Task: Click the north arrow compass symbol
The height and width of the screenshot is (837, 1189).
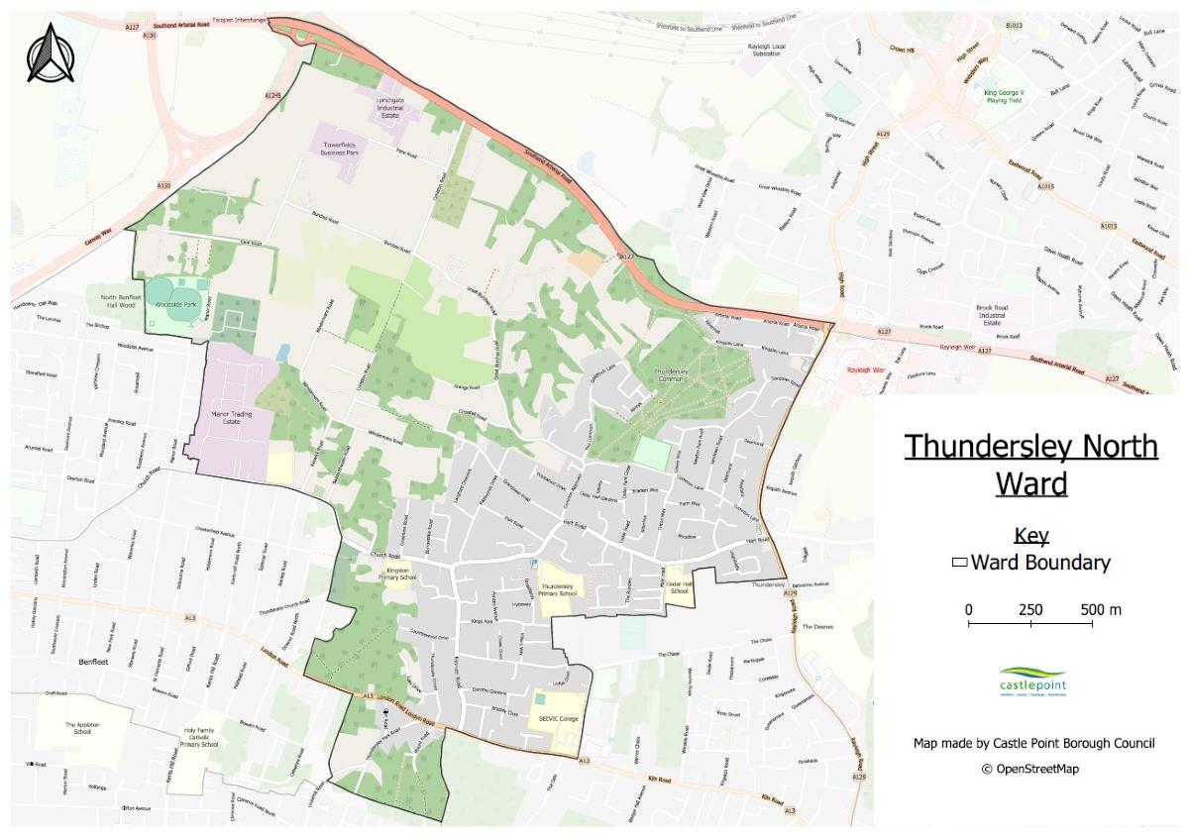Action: (50, 53)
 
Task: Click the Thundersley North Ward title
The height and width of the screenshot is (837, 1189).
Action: (1030, 464)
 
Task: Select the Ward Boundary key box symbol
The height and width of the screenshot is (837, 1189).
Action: (959, 563)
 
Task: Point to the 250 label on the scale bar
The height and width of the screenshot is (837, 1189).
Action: (1030, 609)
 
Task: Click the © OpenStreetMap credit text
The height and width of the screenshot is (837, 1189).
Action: (1030, 769)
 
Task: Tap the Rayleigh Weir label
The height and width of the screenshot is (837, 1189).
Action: (864, 368)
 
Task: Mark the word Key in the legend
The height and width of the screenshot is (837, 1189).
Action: (1030, 536)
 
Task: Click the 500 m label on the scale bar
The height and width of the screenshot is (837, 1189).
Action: (1101, 609)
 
